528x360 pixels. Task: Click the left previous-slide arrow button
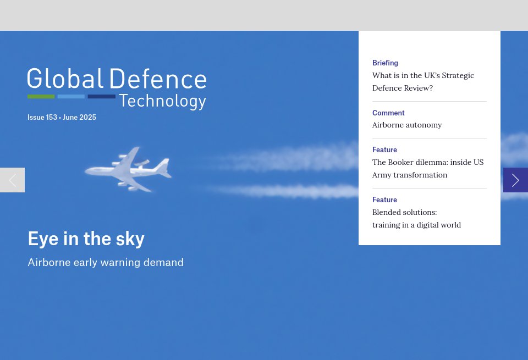pyautogui.click(x=12, y=180)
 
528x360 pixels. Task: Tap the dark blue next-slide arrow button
pyautogui.click(x=515, y=180)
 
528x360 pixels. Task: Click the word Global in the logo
pyautogui.click(x=65, y=79)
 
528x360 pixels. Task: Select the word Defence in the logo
pyautogui.click(x=158, y=79)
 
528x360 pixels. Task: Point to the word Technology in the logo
pyautogui.click(x=162, y=101)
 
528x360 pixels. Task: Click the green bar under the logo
pyautogui.click(x=41, y=97)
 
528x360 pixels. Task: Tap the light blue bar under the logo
pyautogui.click(x=71, y=97)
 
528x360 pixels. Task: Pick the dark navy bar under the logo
pyautogui.click(x=101, y=97)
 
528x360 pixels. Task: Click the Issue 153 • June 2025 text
pyautogui.click(x=62, y=118)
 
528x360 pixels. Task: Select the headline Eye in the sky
pyautogui.click(x=86, y=239)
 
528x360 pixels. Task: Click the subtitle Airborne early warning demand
pyautogui.click(x=106, y=263)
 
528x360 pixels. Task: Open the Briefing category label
pyautogui.click(x=385, y=63)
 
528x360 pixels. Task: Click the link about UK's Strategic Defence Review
pyautogui.click(x=423, y=81)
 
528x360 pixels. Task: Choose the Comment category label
pyautogui.click(x=388, y=113)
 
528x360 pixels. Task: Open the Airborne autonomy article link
pyautogui.click(x=407, y=125)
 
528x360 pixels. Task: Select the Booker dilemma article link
pyautogui.click(x=428, y=168)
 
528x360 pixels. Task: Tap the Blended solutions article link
pyautogui.click(x=416, y=218)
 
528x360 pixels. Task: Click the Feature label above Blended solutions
pyautogui.click(x=384, y=200)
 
